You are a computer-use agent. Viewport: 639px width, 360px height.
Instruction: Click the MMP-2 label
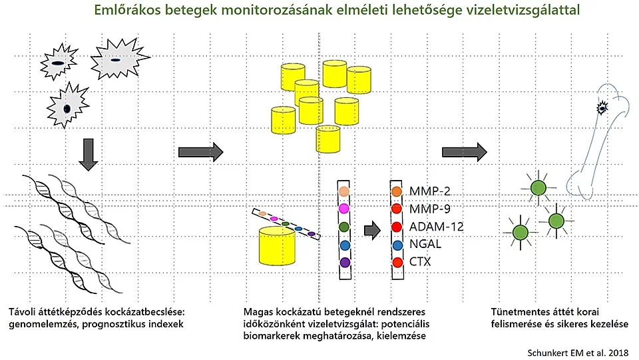click(431, 191)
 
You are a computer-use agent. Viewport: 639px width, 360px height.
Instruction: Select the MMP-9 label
click(431, 209)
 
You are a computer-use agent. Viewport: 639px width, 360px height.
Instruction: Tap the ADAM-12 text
click(437, 227)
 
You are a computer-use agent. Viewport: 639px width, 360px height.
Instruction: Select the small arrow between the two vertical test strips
click(371, 231)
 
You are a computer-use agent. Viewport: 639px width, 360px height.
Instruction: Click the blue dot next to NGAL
click(397, 245)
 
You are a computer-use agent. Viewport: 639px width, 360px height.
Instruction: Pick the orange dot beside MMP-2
click(397, 192)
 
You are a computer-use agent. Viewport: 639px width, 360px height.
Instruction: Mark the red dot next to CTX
click(397, 263)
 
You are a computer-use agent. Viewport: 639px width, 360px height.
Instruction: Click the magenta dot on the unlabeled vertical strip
click(344, 209)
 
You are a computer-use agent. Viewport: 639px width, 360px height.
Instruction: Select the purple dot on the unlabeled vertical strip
click(344, 263)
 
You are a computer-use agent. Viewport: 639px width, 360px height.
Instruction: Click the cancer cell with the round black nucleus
click(67, 107)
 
